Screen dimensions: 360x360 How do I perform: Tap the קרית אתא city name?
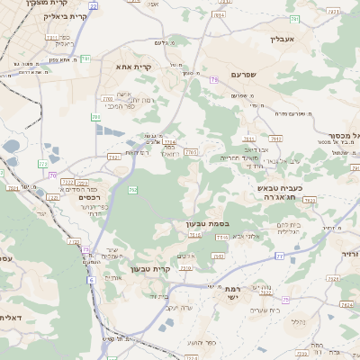coord(132,67)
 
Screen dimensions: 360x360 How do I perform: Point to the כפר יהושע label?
coord(207,342)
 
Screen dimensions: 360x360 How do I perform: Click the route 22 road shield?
coord(93,6)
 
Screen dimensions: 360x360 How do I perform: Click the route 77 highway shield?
coord(279,256)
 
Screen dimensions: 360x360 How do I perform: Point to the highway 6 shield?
coord(91,280)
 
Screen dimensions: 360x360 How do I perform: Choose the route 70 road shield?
coord(54,175)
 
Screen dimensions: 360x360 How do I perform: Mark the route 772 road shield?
coord(42,165)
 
